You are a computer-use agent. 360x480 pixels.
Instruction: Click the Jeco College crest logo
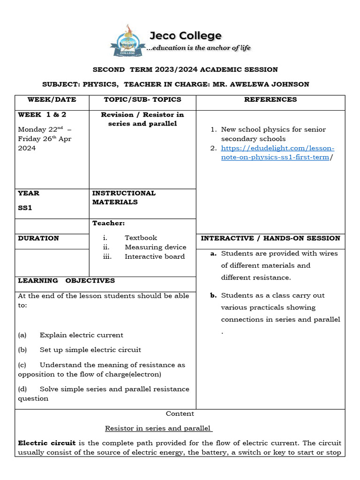[x=126, y=41]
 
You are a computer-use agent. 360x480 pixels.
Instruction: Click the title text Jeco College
[x=185, y=36]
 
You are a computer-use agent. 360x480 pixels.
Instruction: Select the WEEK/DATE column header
[x=52, y=99]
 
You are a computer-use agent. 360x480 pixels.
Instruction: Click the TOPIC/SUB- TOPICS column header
[x=142, y=99]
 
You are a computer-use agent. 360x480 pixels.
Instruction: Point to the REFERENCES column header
[x=270, y=99]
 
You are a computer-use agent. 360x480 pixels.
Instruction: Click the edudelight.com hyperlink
[x=277, y=153]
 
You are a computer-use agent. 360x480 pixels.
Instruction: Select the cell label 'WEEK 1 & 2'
[x=42, y=114]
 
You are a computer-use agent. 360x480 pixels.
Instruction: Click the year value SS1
[x=25, y=208]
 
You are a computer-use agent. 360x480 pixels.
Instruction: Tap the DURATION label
[x=38, y=238]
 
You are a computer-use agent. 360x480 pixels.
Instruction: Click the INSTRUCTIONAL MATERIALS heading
[x=124, y=197]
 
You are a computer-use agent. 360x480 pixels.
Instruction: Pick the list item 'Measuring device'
[x=155, y=247]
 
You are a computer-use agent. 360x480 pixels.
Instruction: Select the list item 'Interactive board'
[x=155, y=256]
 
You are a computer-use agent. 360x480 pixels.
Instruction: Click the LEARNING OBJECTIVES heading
[x=66, y=280]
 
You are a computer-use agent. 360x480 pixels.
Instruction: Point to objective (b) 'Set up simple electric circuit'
[x=90, y=350]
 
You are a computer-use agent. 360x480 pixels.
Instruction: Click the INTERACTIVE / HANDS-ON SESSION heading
[x=270, y=238]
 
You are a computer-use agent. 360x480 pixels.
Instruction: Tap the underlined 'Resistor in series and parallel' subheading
[x=158, y=428]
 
